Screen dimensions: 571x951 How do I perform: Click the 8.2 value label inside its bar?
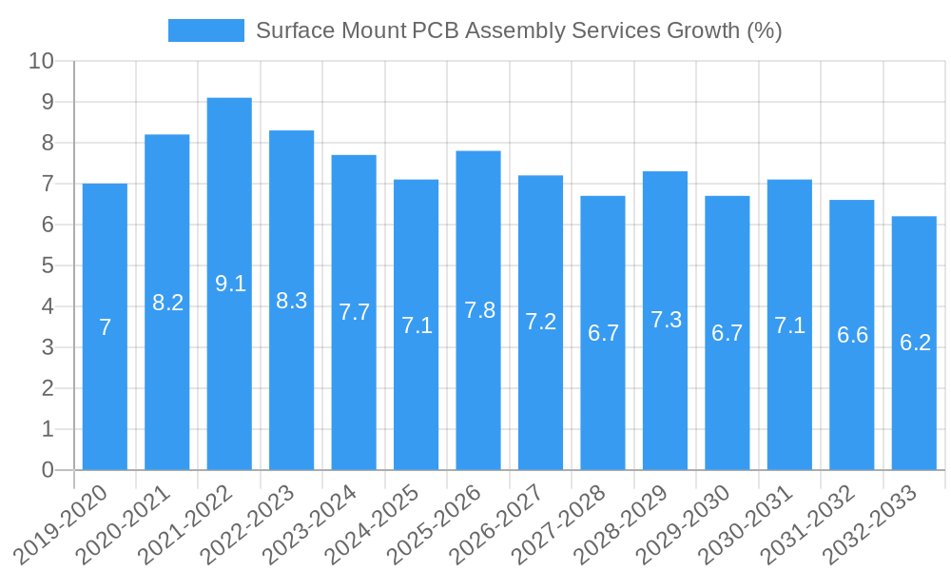[x=167, y=303]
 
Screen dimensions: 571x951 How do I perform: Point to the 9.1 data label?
[x=230, y=283]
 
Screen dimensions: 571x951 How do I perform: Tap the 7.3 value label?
[x=666, y=320]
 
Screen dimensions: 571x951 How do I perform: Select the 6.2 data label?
[x=915, y=343]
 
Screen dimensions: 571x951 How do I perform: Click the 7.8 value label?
[x=479, y=310]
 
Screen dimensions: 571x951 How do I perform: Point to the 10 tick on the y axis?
[x=42, y=61]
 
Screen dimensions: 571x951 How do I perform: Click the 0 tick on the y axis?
[x=48, y=470]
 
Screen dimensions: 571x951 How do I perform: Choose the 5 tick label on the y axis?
[x=48, y=266]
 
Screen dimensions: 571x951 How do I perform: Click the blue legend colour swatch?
[x=206, y=30]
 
